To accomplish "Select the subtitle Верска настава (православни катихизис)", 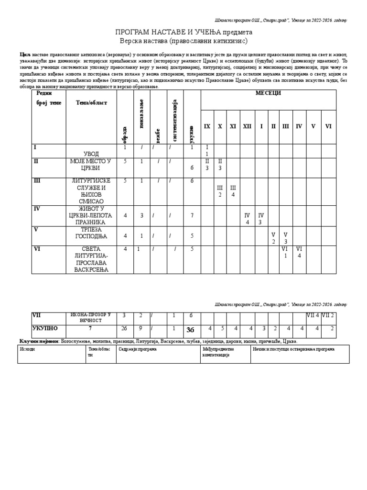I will (183, 41).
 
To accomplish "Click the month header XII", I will (247, 126).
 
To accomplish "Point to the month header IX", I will (207, 126).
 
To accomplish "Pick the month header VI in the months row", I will (328, 126).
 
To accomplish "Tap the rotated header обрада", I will (125, 134).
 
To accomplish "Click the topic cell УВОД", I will (91, 154).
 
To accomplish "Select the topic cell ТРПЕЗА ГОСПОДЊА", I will (91, 234).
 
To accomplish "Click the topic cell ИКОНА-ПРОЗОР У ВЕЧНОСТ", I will (91, 318).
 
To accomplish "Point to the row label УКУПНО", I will (45, 328).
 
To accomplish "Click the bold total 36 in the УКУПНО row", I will (190, 329).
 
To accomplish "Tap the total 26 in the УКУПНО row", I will (125, 328).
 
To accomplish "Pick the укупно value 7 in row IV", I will (192, 215).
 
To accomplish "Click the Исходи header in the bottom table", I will (28, 349).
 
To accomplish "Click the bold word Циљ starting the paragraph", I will (25, 55).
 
